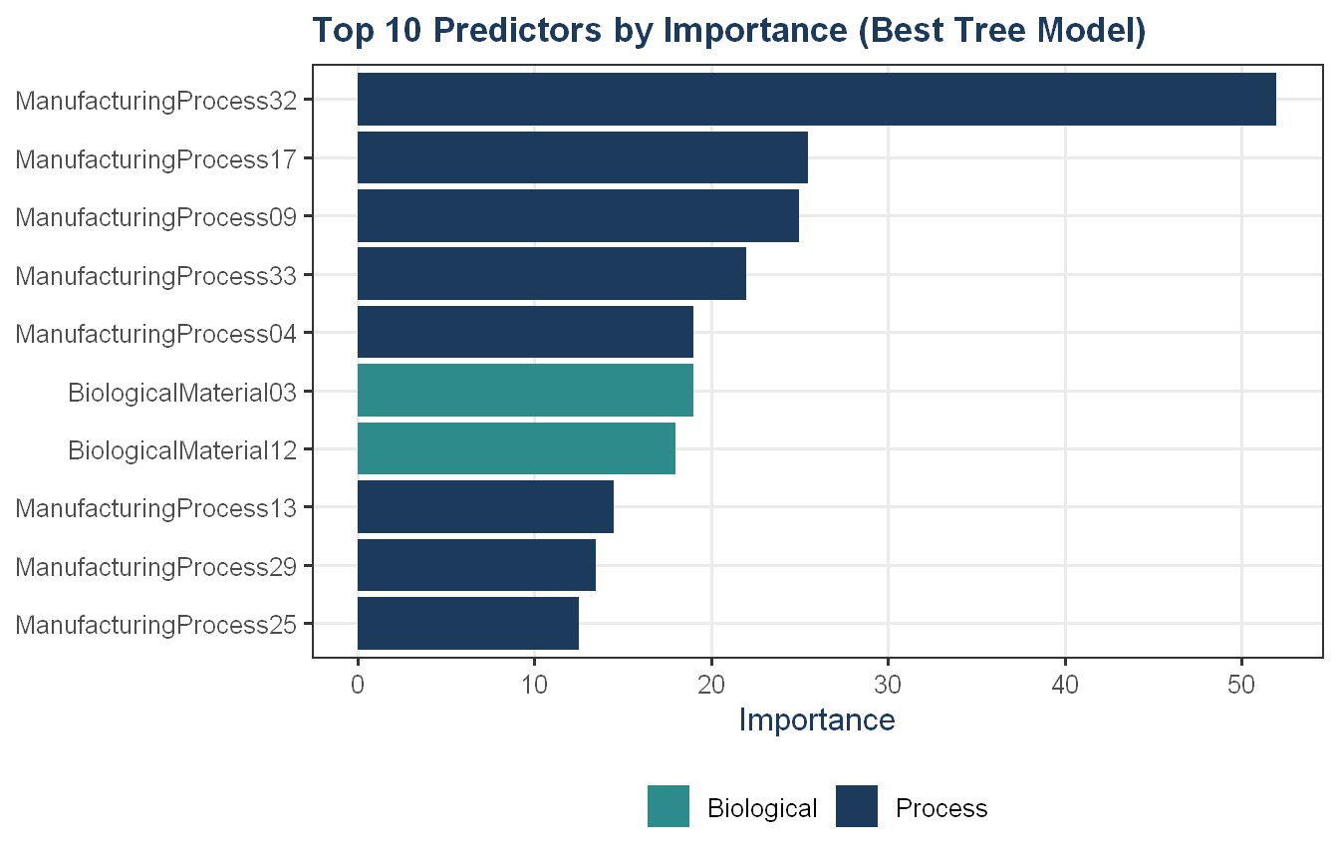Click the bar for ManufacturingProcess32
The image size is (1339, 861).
[x=817, y=100]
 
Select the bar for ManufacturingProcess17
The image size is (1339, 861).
[x=583, y=157]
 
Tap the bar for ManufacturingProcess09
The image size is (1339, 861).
[x=578, y=216]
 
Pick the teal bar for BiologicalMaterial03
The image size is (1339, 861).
[x=525, y=391]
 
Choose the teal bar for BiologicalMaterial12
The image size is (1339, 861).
[x=516, y=448]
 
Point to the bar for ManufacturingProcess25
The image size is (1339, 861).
[x=468, y=623]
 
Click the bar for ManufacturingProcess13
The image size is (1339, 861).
[x=485, y=506]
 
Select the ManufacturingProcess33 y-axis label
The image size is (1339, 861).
[x=156, y=276]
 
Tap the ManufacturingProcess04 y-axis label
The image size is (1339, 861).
[x=156, y=334]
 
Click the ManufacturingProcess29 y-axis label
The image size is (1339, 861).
[x=156, y=567]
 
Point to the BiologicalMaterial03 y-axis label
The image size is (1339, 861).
[x=182, y=393]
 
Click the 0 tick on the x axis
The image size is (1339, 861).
[x=358, y=686]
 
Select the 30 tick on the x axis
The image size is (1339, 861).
[x=888, y=686]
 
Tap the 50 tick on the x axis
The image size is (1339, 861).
[x=1241, y=686]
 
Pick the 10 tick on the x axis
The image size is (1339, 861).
[x=534, y=686]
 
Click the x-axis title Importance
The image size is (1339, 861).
[x=817, y=719]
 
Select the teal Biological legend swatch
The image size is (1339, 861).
[x=669, y=806]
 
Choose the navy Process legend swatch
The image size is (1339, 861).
[x=857, y=806]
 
